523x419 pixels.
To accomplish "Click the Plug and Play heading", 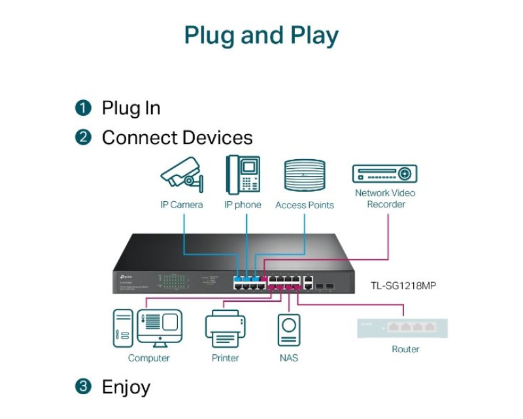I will pyautogui.click(x=261, y=35).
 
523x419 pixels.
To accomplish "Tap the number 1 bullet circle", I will pyautogui.click(x=83, y=108).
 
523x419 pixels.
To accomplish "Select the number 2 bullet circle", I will pyautogui.click(x=83, y=137).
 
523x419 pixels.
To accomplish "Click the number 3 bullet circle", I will pyautogui.click(x=83, y=386).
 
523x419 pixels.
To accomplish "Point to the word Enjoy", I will pyautogui.click(x=126, y=387).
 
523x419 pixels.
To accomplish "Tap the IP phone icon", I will pyautogui.click(x=243, y=173).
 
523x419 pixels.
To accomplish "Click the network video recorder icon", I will pyautogui.click(x=385, y=173).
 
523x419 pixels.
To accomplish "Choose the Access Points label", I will pyautogui.click(x=305, y=205).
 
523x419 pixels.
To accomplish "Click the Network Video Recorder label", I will pyautogui.click(x=386, y=198).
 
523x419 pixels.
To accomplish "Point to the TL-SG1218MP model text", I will pyautogui.click(x=404, y=285).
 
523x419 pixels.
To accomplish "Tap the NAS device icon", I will pyautogui.click(x=289, y=330).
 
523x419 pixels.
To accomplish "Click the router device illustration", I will pyautogui.click(x=402, y=327).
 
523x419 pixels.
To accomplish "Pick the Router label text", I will pyautogui.click(x=405, y=349).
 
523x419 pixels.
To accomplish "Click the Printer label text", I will pyautogui.click(x=225, y=358).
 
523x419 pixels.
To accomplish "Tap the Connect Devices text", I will pyautogui.click(x=177, y=137).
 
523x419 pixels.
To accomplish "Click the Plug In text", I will pyautogui.click(x=131, y=108).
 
